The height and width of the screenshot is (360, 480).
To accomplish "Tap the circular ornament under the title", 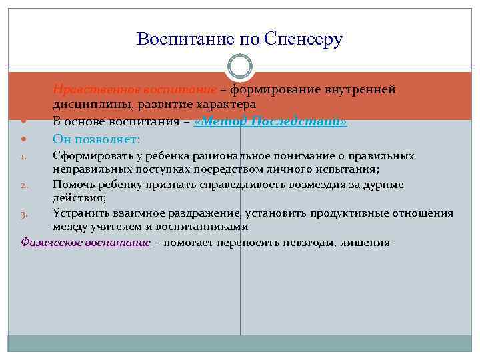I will tap(239, 68).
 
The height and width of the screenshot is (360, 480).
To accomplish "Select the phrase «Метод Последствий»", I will tap(270, 122).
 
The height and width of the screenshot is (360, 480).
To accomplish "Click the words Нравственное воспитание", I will tap(135, 89).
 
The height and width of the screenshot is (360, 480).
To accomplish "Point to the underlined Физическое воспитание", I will tap(85, 243).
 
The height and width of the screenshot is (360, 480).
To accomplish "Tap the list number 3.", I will tap(23, 215).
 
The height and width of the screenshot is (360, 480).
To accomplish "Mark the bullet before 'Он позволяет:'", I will tap(24, 139).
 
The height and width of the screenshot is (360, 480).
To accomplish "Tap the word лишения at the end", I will tap(365, 243).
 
